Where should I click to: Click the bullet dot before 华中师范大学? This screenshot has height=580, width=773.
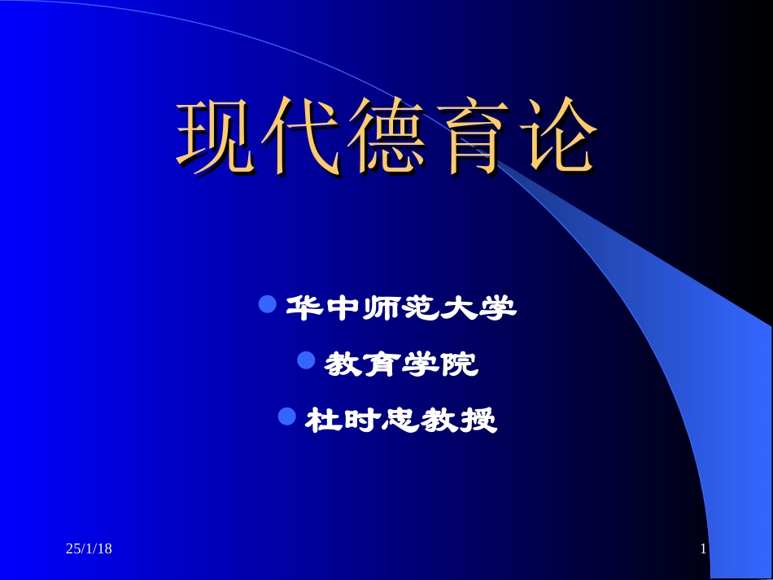point(267,305)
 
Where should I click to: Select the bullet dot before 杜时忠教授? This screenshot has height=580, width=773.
point(287,416)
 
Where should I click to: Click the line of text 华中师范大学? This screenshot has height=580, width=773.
point(400,308)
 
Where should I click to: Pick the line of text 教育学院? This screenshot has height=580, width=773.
point(400,364)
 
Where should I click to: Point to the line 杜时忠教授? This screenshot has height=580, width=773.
point(400,420)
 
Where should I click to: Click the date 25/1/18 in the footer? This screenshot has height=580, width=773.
point(89,550)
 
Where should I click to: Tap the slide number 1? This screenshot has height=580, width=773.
point(703,550)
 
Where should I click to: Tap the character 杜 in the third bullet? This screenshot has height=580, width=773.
point(322,420)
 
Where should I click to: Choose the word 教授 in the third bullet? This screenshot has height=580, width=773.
point(458,420)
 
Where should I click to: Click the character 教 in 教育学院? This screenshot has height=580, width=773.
point(343,364)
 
